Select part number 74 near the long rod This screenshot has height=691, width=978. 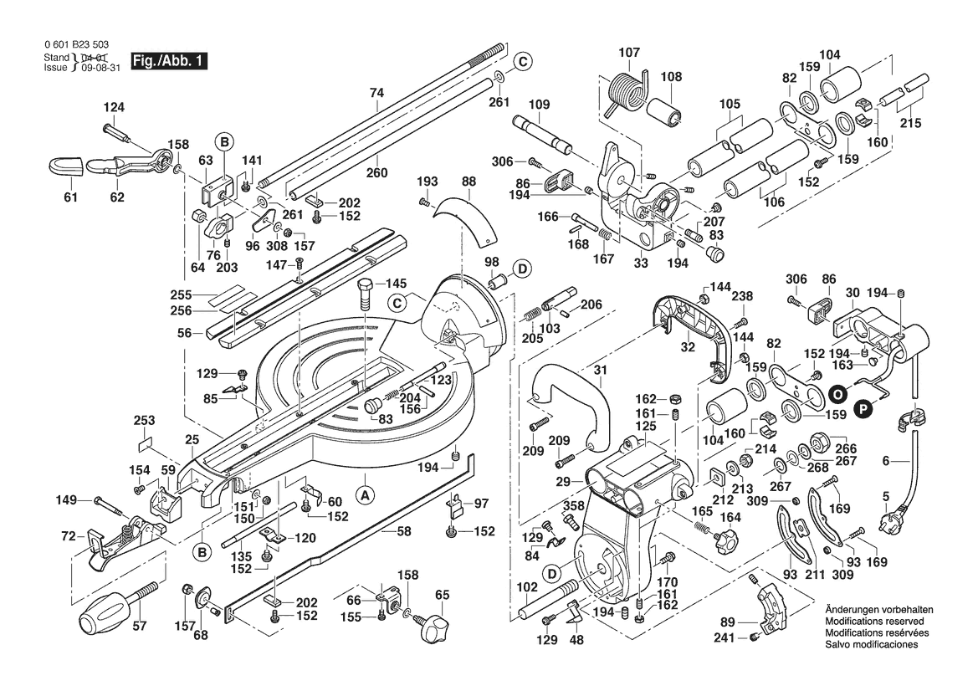tap(376, 94)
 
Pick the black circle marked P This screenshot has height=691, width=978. tap(863, 407)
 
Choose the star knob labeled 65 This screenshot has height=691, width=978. tap(436, 624)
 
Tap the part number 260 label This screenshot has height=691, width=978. tap(377, 173)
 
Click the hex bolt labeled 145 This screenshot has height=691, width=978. tap(366, 294)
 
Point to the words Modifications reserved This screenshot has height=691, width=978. tap(874, 623)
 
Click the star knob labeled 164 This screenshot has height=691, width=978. tap(720, 540)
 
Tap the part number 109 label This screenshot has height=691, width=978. tap(540, 105)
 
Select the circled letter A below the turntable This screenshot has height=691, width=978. tap(365, 494)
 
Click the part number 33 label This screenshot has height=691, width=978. tap(641, 263)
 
